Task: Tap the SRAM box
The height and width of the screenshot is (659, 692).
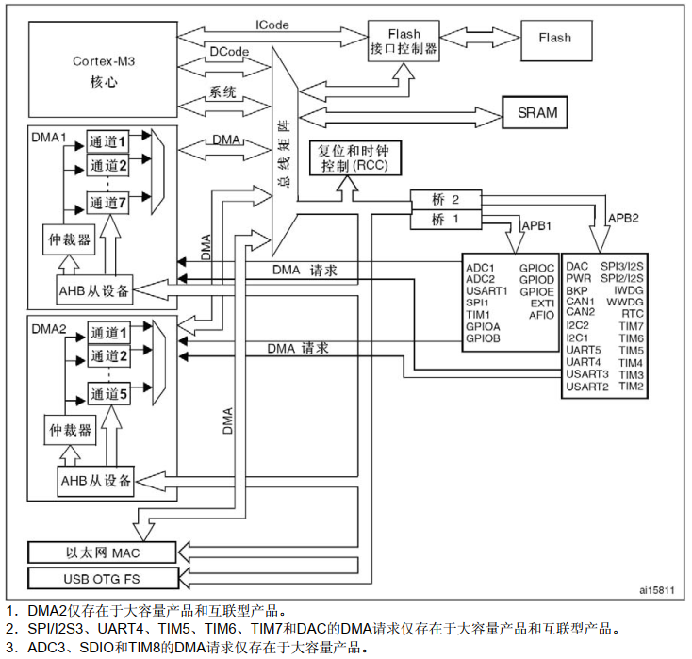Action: (x=537, y=113)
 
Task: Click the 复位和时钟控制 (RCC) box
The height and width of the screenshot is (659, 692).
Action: (x=354, y=157)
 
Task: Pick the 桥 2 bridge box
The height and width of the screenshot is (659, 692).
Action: (x=445, y=201)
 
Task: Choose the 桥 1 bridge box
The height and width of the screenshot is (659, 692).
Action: (x=445, y=220)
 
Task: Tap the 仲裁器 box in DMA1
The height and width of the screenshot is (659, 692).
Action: (x=71, y=239)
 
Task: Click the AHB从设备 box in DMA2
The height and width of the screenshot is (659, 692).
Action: (x=96, y=480)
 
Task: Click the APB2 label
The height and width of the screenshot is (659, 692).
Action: (x=622, y=217)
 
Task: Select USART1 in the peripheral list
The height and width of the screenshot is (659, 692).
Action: (x=486, y=290)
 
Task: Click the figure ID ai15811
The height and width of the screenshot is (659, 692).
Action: (x=656, y=591)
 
